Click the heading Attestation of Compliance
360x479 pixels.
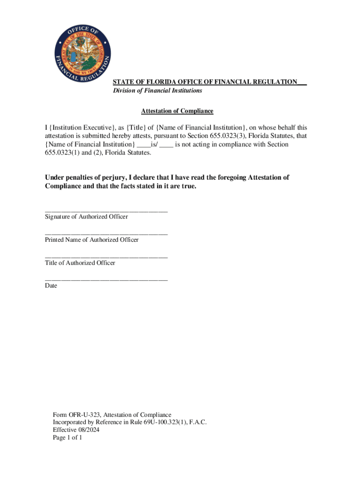pyautogui.click(x=177, y=111)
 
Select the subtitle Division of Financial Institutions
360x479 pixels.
pyautogui.click(x=158, y=90)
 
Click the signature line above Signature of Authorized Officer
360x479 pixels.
pyautogui.click(x=106, y=211)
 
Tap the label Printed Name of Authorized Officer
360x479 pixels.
pyautogui.click(x=92, y=239)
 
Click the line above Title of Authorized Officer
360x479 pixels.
pyautogui.click(x=106, y=257)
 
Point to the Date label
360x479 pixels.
pyautogui.click(x=51, y=285)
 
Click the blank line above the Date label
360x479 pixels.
pyautogui.click(x=106, y=280)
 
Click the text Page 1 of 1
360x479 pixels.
pyautogui.click(x=67, y=438)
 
